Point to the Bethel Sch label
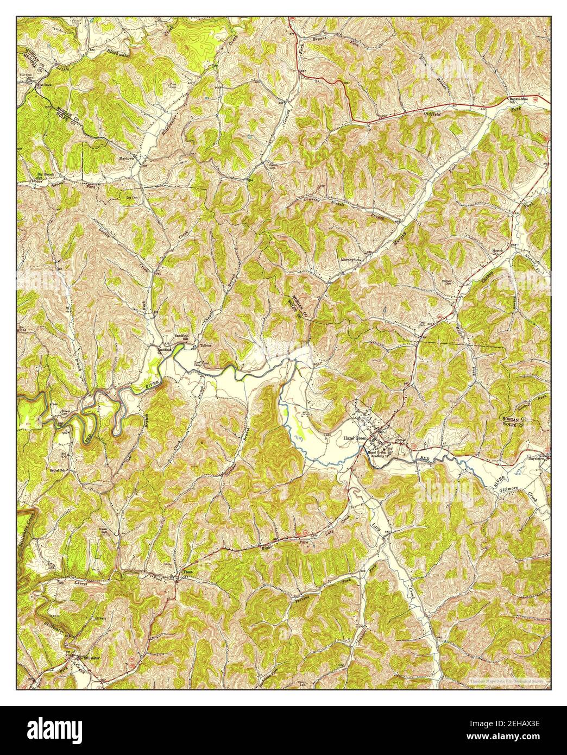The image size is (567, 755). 58,470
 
